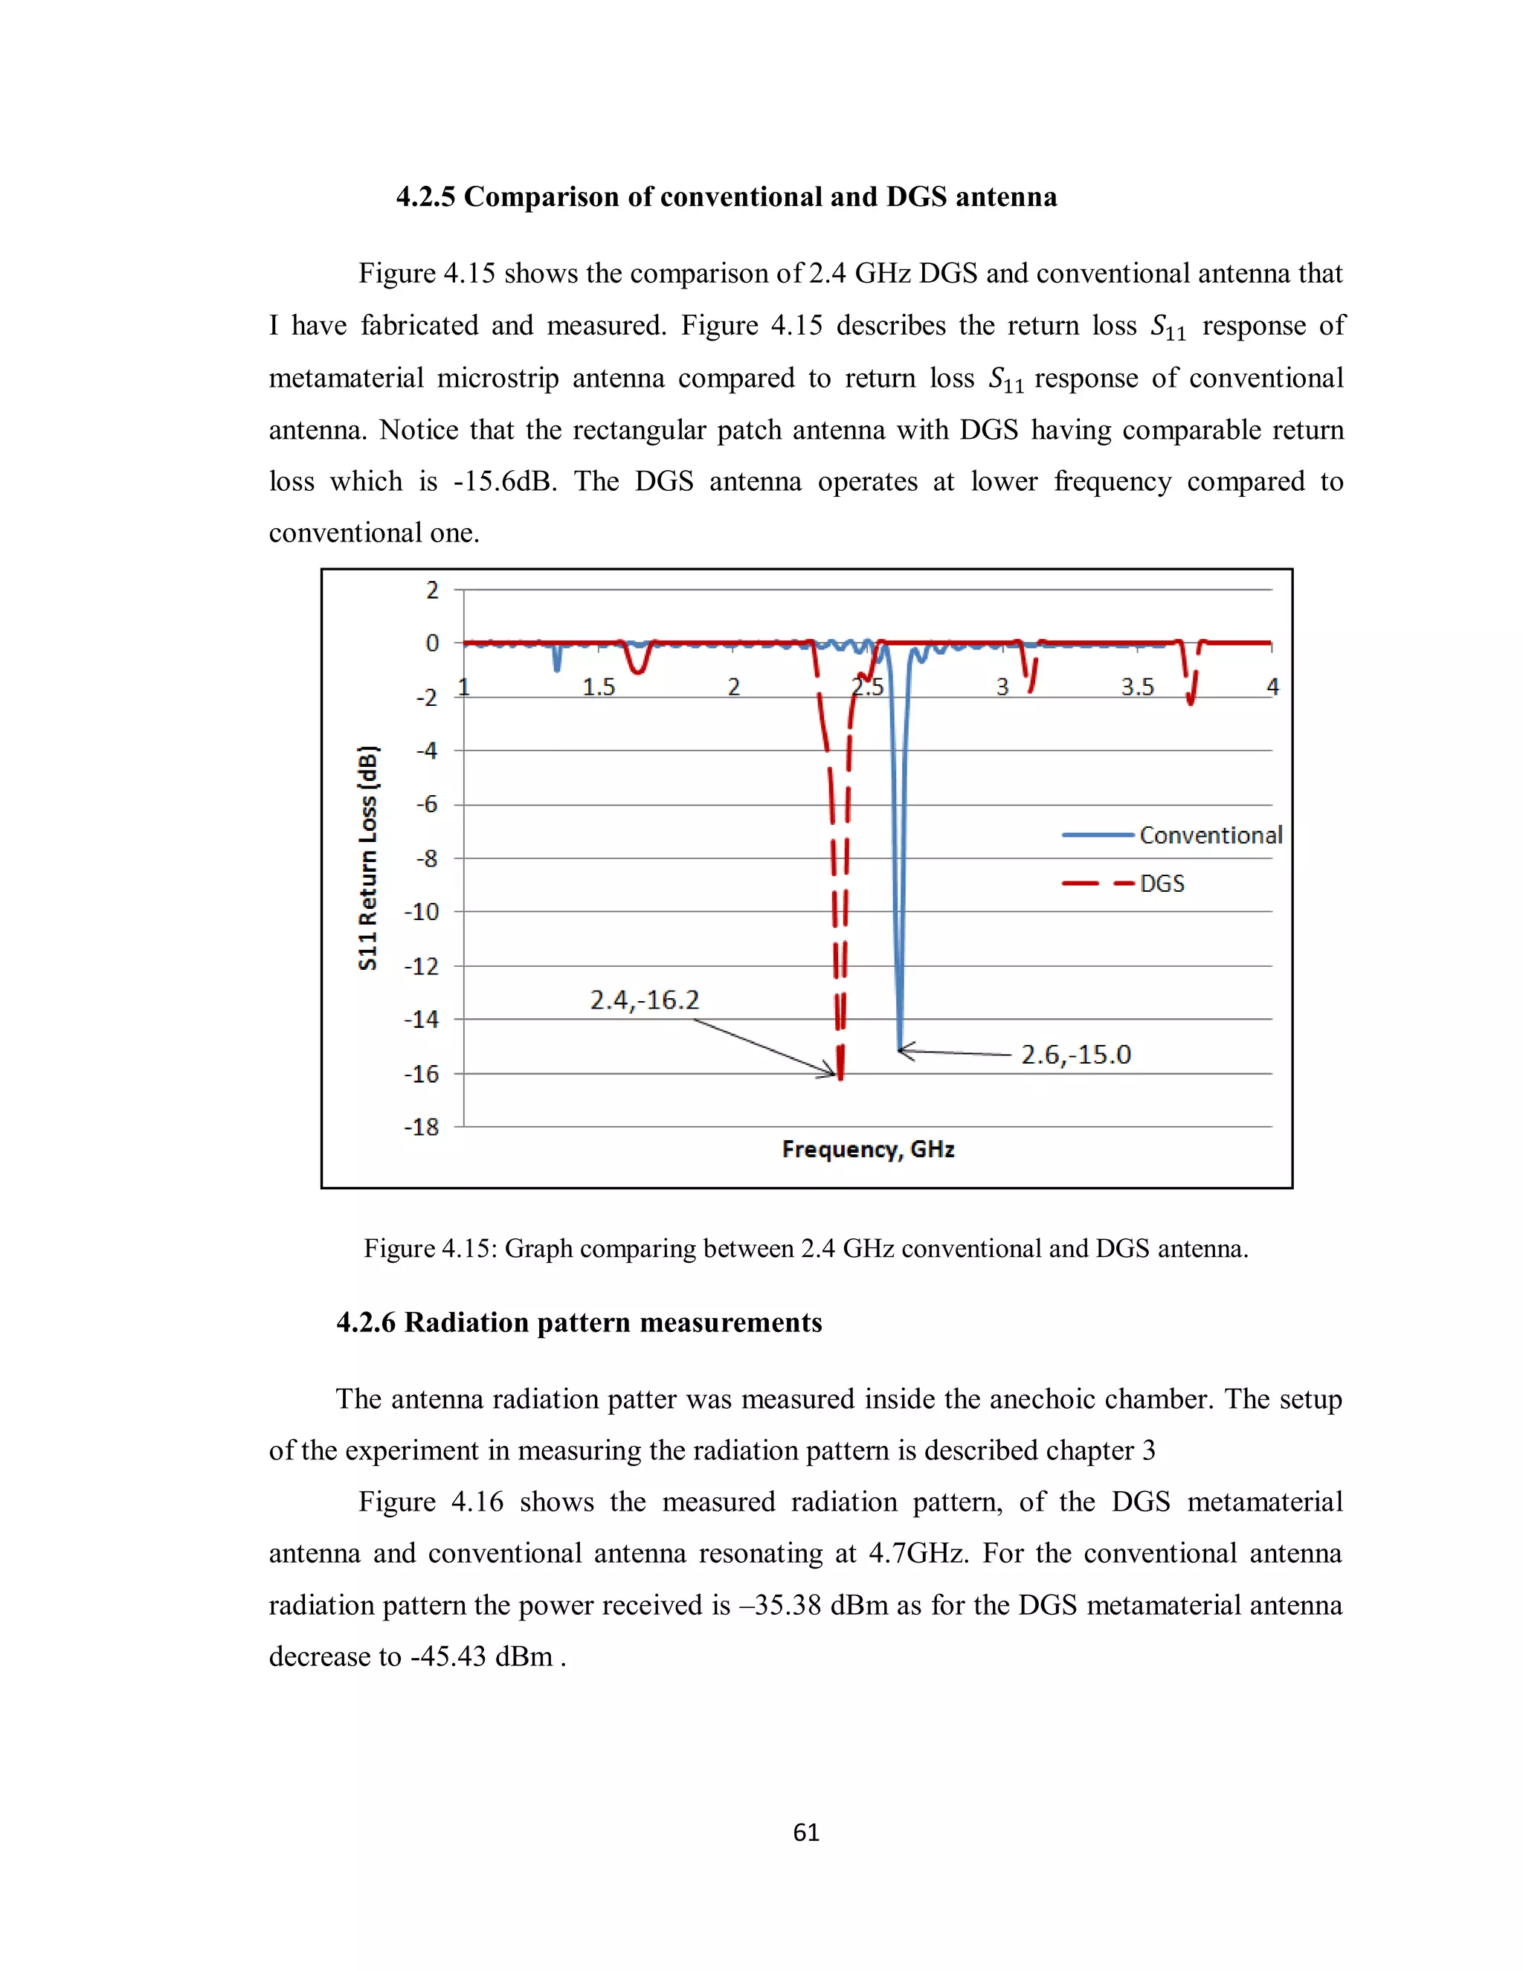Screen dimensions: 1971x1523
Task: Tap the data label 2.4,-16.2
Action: pos(644,1000)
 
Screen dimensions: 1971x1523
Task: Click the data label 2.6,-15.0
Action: pos(1075,1054)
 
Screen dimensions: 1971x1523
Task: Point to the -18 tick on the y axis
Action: pos(422,1126)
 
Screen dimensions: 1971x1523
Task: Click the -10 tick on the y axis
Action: pos(422,912)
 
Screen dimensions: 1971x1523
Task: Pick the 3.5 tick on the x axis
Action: pos(1137,687)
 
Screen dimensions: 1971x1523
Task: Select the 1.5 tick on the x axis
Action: pos(598,687)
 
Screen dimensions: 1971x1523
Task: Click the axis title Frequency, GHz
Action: pos(868,1149)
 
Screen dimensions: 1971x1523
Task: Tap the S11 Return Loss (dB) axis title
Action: pos(367,858)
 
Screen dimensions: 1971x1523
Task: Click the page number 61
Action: pos(805,1832)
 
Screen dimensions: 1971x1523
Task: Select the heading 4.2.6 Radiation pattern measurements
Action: pos(579,1322)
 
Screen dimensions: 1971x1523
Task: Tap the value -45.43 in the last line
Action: pos(448,1656)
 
